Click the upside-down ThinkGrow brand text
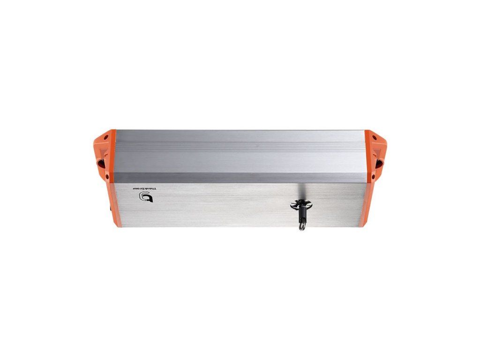pyautogui.click(x=145, y=188)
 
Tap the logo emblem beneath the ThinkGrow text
pyautogui.click(x=146, y=197)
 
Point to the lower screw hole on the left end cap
pyautogui.click(x=107, y=176)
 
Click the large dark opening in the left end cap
pyautogui.click(x=101, y=164)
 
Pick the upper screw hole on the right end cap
pyautogui.click(x=374, y=137)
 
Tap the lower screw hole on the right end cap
pyautogui.click(x=373, y=177)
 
